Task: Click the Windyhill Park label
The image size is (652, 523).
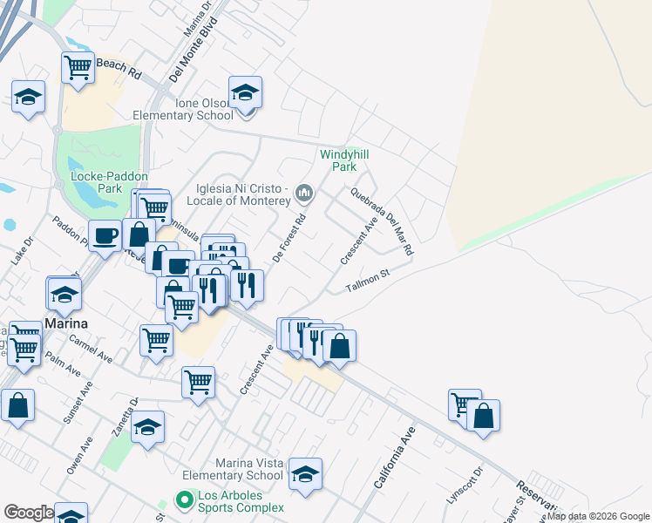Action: pos(344,160)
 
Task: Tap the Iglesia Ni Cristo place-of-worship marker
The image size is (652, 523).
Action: pos(304,192)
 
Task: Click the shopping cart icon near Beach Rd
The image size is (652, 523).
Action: pos(78,67)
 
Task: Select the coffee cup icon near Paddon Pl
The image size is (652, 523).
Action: pos(105,235)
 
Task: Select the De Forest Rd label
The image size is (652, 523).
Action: pos(289,238)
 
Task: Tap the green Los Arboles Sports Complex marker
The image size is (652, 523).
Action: pos(183,500)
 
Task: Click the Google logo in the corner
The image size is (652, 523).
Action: pos(28,513)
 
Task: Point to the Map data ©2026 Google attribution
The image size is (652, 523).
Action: pos(599,517)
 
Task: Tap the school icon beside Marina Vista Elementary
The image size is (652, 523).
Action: pos(305,475)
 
